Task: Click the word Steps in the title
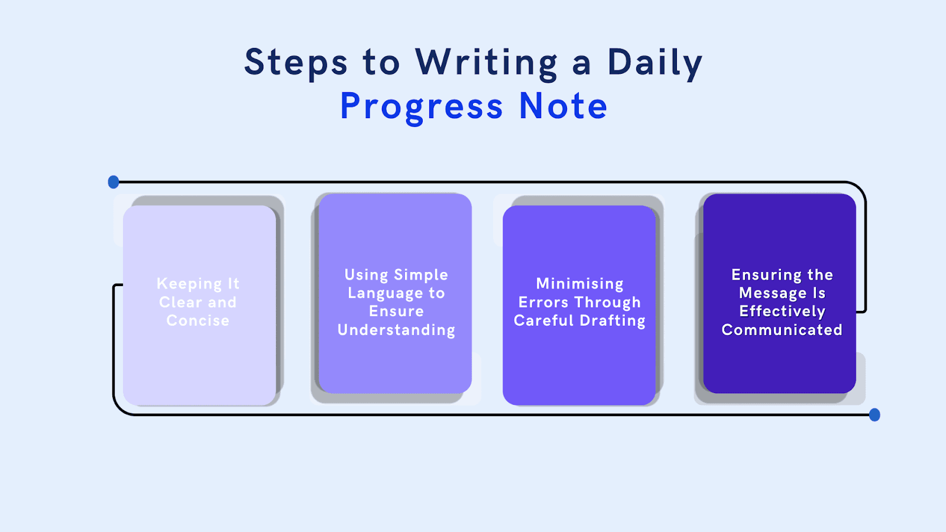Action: pos(296,63)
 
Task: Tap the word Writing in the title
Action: pos(486,63)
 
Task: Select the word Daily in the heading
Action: pos(655,63)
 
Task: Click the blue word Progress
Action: pos(421,107)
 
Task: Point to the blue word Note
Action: pos(563,106)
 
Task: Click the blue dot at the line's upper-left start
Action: pos(114,182)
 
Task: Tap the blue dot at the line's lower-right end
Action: pos(874,415)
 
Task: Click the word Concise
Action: pos(197,320)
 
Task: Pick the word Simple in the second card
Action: pos(421,275)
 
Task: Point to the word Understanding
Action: pos(396,330)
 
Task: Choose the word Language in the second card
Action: pos(385,293)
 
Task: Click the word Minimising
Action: pos(579,284)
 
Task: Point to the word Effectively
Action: pos(782,312)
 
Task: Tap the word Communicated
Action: pos(782,330)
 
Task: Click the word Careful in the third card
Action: pos(543,320)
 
